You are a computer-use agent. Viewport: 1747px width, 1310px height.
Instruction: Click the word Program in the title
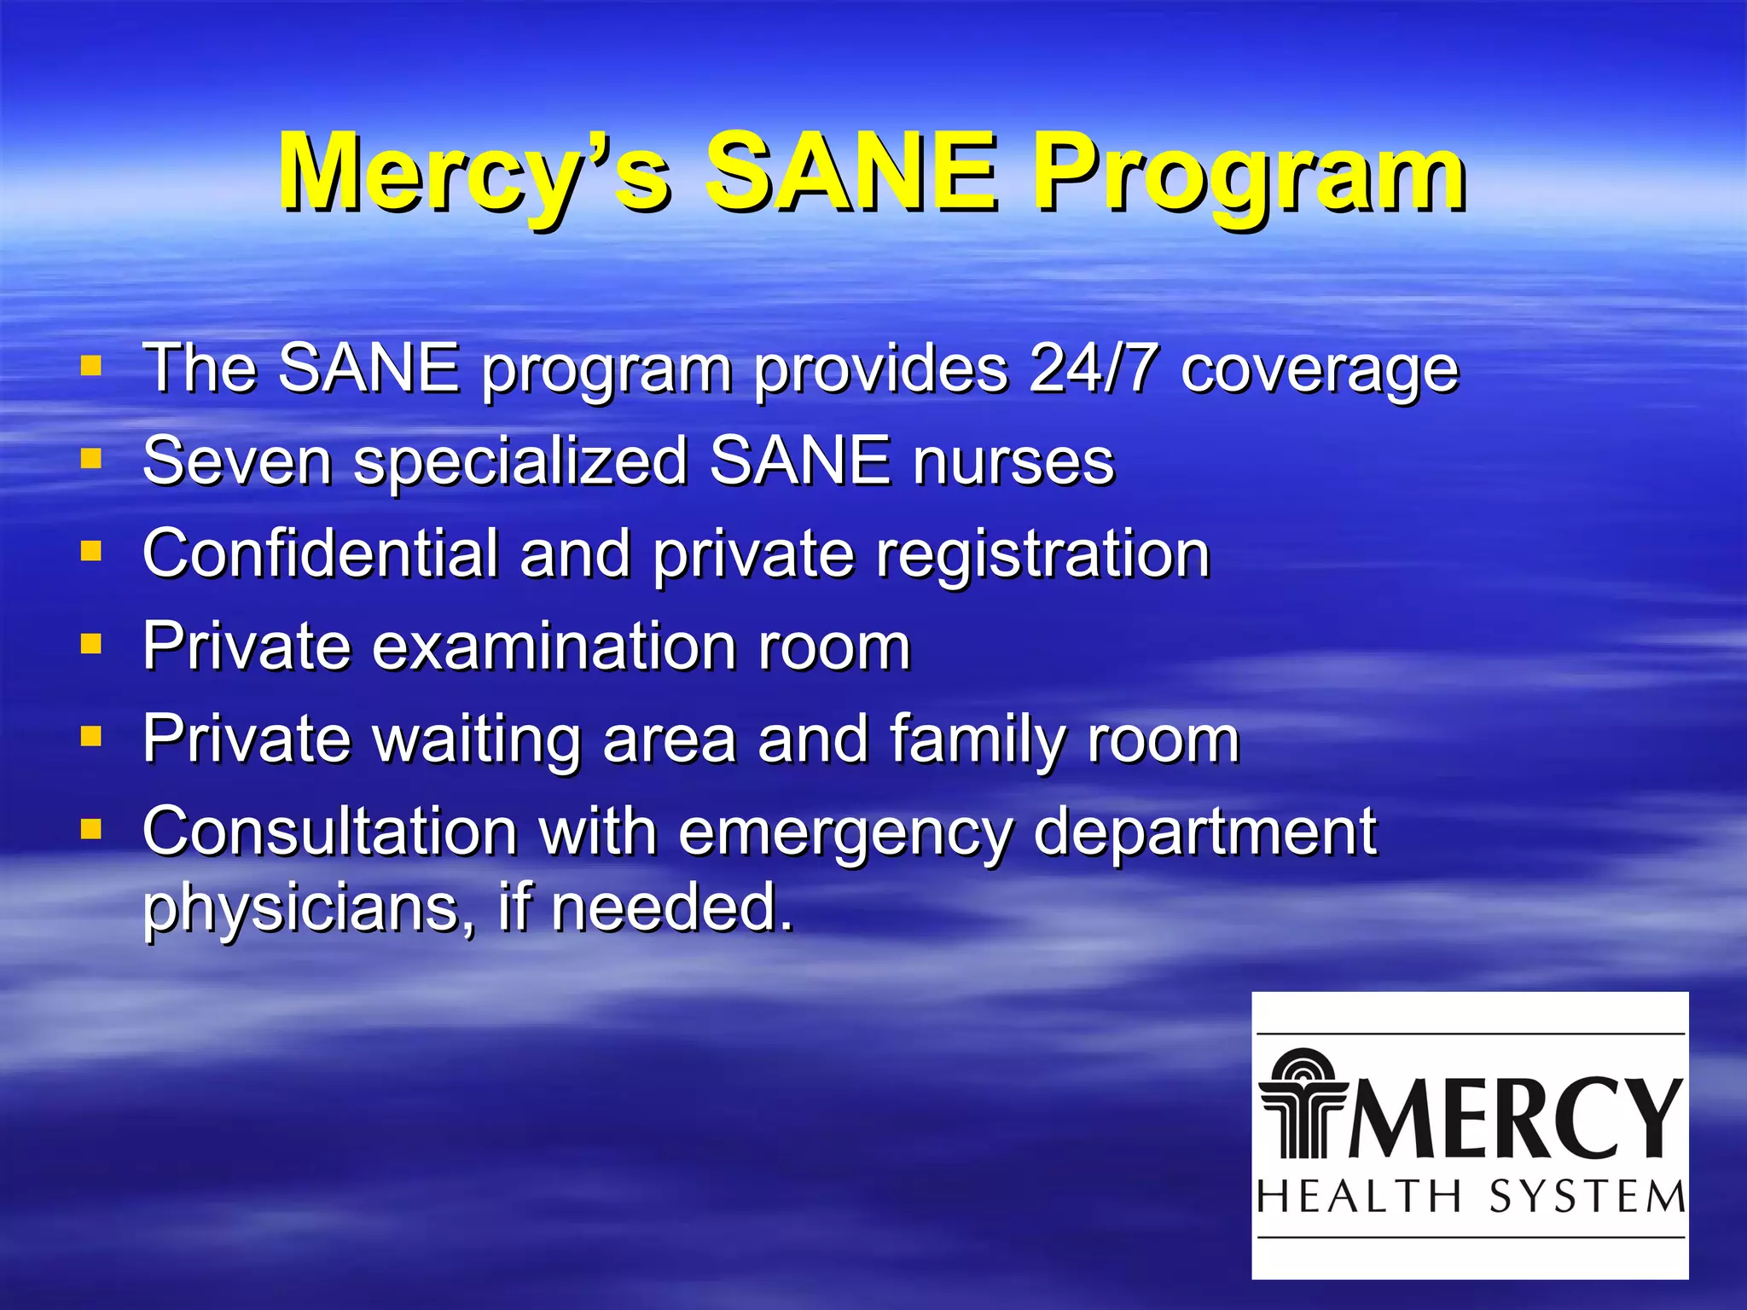pyautogui.click(x=1249, y=175)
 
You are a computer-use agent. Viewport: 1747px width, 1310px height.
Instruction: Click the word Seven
pyautogui.click(x=237, y=461)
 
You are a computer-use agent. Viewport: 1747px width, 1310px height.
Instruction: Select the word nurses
pyautogui.click(x=1013, y=461)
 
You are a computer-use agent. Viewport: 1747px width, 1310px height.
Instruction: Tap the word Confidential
pyautogui.click(x=320, y=554)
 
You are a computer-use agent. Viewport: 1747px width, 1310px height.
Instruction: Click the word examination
pyautogui.click(x=554, y=646)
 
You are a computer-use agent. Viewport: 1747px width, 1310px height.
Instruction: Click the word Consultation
pyautogui.click(x=330, y=831)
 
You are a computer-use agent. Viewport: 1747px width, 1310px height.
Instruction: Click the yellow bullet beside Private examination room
pyautogui.click(x=91, y=642)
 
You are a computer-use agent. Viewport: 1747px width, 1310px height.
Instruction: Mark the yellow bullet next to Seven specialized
pyautogui.click(x=91, y=459)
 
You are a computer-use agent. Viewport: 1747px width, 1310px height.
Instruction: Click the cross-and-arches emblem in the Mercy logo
pyautogui.click(x=1303, y=1105)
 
